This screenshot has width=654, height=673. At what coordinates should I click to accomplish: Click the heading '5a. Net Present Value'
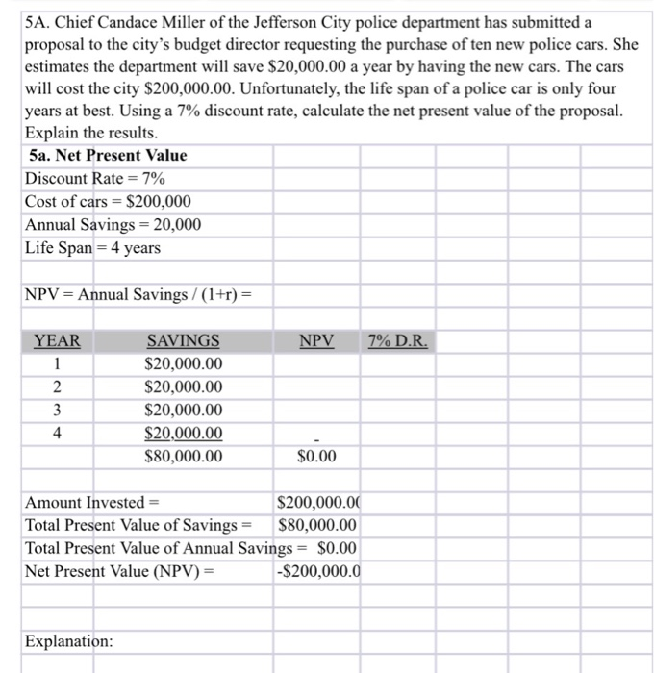pyautogui.click(x=108, y=155)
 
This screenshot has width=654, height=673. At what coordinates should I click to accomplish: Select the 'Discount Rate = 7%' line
pyautogui.click(x=94, y=178)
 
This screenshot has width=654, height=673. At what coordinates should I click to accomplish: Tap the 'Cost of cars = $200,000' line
pyautogui.click(x=108, y=201)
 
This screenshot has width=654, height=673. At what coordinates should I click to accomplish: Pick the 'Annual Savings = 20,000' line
pyautogui.click(x=113, y=224)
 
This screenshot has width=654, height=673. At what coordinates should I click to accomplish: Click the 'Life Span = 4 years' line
pyautogui.click(x=92, y=247)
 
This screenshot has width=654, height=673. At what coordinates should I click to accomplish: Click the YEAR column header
pyautogui.click(x=58, y=341)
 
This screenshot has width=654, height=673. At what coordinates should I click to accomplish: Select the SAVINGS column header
pyautogui.click(x=183, y=341)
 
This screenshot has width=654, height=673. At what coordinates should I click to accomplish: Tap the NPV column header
pyautogui.click(x=316, y=341)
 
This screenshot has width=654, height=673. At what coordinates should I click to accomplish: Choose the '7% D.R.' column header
pyautogui.click(x=398, y=341)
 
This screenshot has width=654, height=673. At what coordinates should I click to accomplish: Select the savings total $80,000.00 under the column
pyautogui.click(x=183, y=456)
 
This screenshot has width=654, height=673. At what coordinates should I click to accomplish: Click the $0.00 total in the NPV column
pyautogui.click(x=317, y=456)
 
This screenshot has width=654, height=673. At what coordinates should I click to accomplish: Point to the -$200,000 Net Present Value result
pyautogui.click(x=317, y=571)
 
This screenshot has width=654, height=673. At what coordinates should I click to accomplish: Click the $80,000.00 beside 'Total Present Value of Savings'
pyautogui.click(x=316, y=525)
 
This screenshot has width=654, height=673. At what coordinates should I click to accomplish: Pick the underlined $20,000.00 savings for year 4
pyautogui.click(x=183, y=433)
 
